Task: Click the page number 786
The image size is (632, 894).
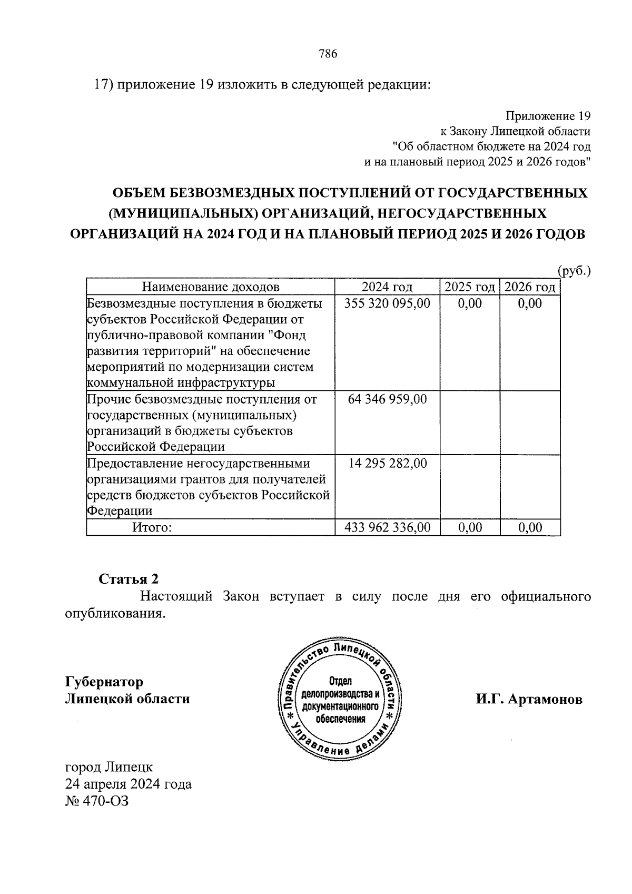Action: click(x=327, y=54)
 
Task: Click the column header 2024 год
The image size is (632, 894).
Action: click(x=387, y=287)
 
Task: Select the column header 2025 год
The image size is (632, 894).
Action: click(x=470, y=287)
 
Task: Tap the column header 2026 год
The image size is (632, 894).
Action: click(x=530, y=287)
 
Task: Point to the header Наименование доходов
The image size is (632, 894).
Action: click(x=211, y=287)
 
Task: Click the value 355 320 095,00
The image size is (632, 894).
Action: click(x=387, y=303)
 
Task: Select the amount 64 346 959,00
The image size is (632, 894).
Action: click(x=387, y=399)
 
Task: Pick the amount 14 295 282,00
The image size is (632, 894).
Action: click(x=387, y=464)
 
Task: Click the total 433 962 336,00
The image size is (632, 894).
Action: click(x=387, y=527)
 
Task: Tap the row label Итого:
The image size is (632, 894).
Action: click(x=152, y=527)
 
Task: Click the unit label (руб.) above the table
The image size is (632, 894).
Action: click(x=574, y=271)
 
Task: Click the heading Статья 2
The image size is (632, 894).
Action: click(x=129, y=579)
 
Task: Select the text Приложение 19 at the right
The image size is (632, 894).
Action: click(x=548, y=115)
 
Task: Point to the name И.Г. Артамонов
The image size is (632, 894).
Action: click(x=529, y=700)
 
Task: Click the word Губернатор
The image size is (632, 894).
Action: click(x=104, y=682)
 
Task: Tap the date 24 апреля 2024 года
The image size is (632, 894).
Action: click(x=128, y=784)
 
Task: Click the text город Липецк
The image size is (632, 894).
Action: click(x=108, y=767)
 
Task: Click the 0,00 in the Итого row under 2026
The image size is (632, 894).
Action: click(x=530, y=527)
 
